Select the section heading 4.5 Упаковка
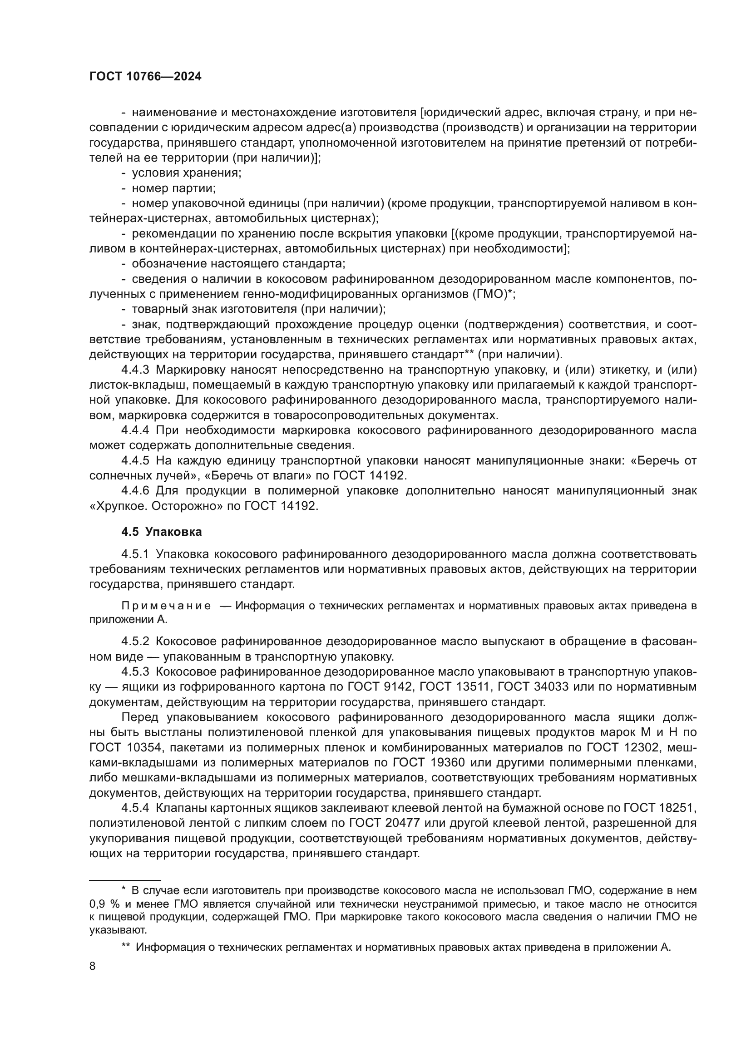(x=161, y=532)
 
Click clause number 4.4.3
(x=135, y=370)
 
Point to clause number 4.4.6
(x=135, y=491)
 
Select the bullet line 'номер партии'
(x=173, y=189)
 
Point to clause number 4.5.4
(x=135, y=808)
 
